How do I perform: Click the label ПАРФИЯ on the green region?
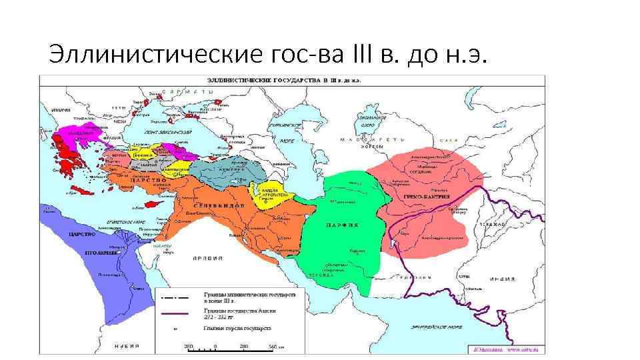click(x=342, y=225)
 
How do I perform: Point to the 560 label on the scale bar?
click(x=271, y=347)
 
